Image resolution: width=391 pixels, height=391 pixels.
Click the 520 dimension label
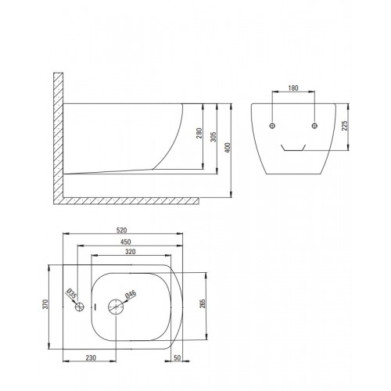point(121,230)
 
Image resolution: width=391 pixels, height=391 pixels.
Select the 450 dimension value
point(125,242)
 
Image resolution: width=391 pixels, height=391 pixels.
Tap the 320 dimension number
point(131,252)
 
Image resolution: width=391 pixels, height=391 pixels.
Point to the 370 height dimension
point(45,304)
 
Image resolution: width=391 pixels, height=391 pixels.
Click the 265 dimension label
point(203,303)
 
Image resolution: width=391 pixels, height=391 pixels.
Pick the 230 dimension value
point(91,358)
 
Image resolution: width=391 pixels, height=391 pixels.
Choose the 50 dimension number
point(177,357)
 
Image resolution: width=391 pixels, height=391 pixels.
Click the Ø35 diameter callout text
point(71,294)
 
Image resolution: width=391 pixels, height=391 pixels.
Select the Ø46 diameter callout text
point(131,294)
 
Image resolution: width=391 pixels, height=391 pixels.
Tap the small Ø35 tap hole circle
point(80,307)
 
